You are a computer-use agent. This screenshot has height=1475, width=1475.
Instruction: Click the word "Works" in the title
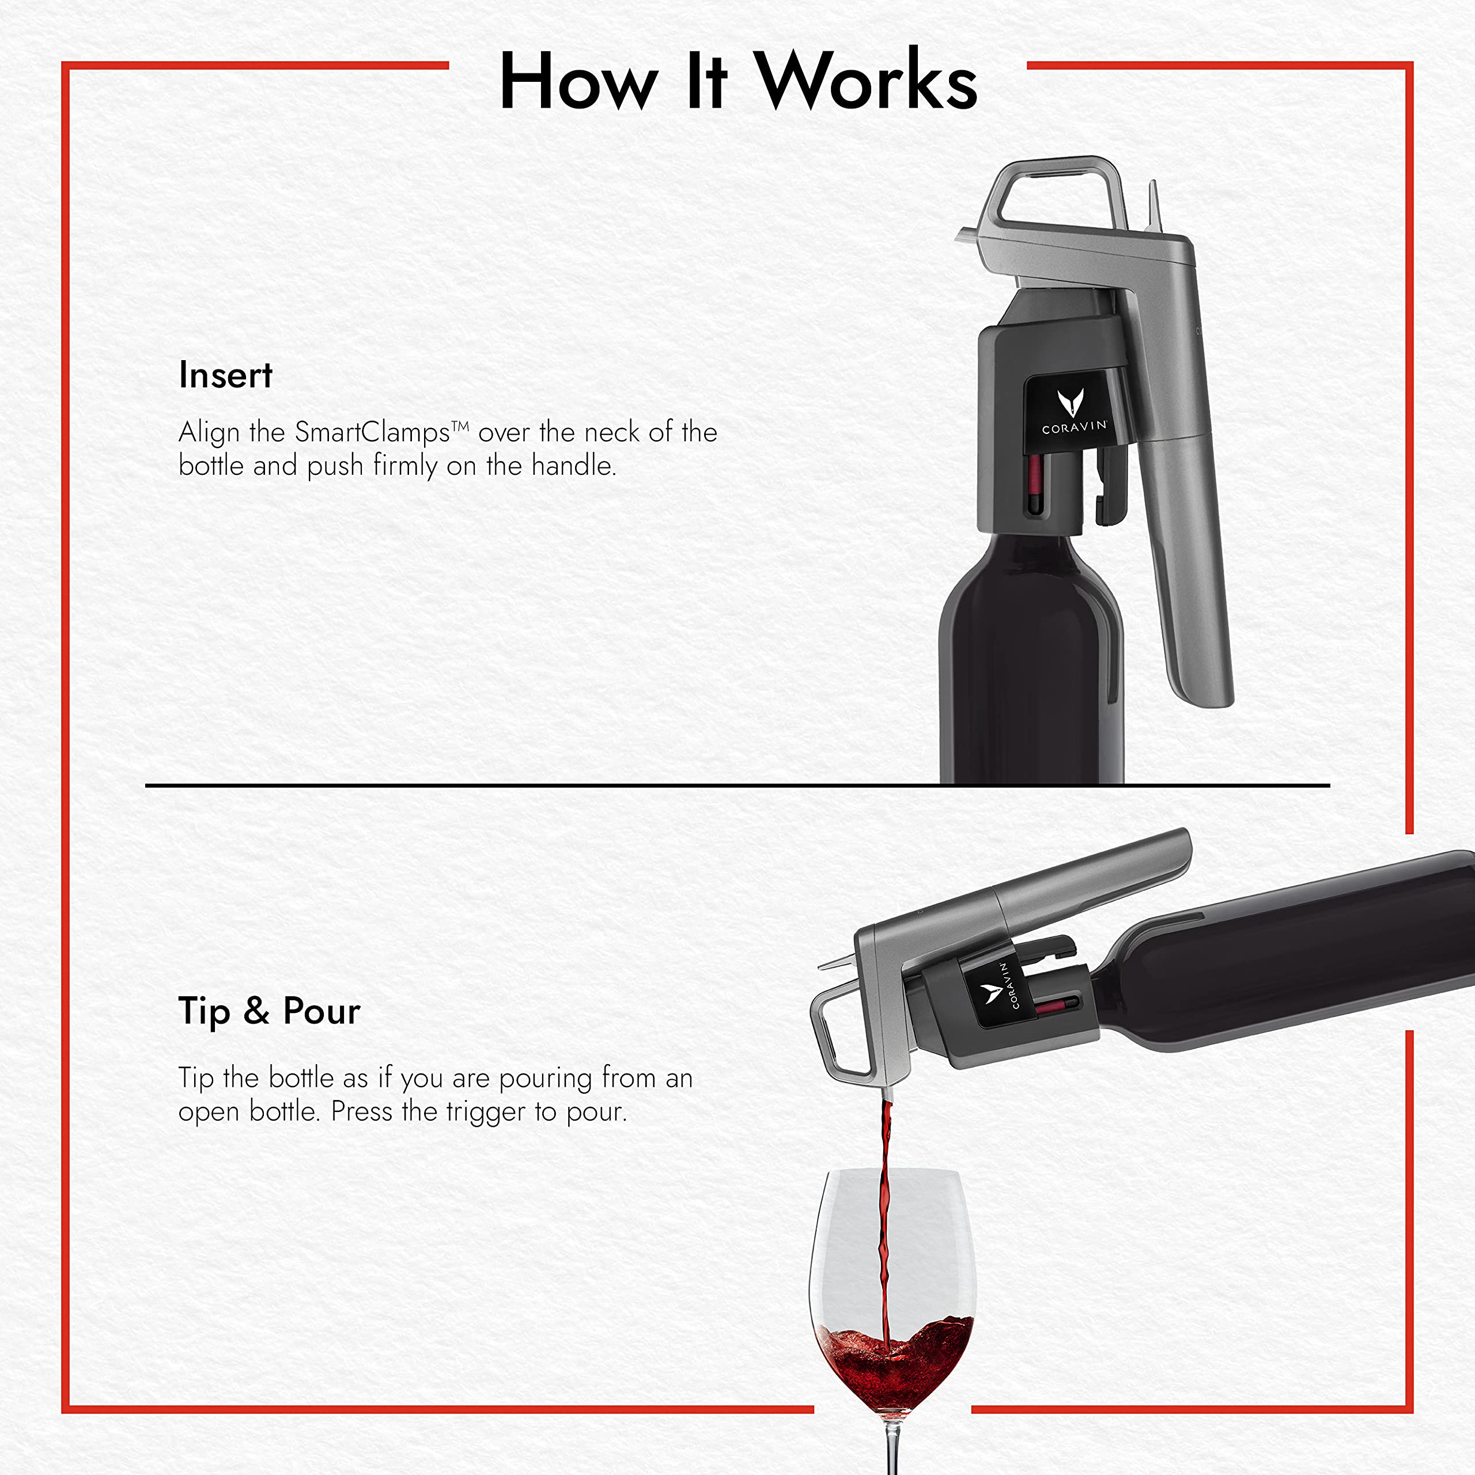[867, 82]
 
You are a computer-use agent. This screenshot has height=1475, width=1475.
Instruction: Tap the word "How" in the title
[578, 82]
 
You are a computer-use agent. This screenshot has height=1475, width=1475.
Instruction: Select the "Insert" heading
[225, 376]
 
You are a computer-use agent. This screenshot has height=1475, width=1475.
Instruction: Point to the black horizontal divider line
[535, 785]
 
